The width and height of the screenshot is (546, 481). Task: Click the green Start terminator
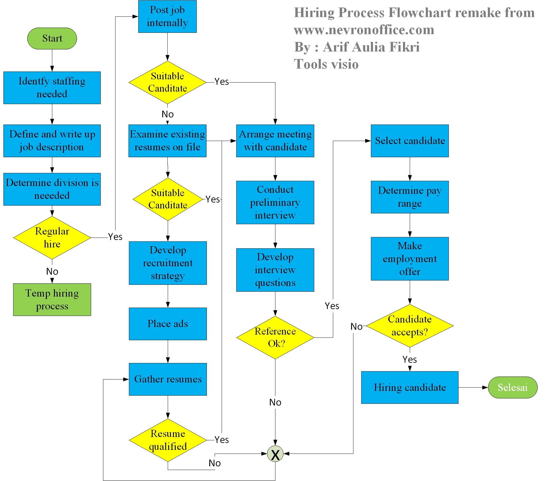coord(52,38)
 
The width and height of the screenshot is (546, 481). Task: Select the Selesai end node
coord(512,387)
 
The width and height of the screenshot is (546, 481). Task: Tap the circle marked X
coord(275,454)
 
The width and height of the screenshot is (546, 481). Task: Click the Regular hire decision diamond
coord(52,238)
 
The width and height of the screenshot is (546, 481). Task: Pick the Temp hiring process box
coord(52,300)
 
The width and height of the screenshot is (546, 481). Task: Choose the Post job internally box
coord(167,16)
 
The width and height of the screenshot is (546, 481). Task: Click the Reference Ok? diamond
coord(275,338)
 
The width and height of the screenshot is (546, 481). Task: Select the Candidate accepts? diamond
coord(410,326)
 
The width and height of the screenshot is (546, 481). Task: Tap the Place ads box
coord(168,324)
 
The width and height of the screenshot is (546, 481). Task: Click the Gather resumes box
coord(168,379)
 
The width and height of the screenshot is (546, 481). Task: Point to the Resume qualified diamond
coord(168,440)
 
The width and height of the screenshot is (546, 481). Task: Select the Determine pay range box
coord(410,197)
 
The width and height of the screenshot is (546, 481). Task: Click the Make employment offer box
coord(410,258)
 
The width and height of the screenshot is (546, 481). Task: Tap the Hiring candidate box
coord(410,387)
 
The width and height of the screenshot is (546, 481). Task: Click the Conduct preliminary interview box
coord(275,202)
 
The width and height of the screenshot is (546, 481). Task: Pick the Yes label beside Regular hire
coord(115,237)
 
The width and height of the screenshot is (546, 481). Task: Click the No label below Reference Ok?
coord(275,402)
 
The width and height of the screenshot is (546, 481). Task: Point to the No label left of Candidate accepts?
coord(357,326)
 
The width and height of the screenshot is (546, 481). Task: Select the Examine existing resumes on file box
coord(167,141)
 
